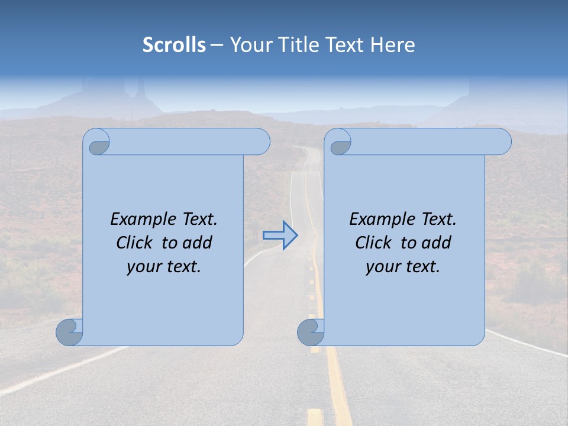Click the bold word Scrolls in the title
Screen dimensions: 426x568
(x=174, y=44)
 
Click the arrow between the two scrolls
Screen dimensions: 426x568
(x=280, y=235)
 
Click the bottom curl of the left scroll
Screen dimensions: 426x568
(x=69, y=332)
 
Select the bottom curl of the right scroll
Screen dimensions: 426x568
(x=310, y=332)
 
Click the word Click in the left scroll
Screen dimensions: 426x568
(x=134, y=243)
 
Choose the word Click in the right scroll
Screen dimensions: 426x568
(x=373, y=243)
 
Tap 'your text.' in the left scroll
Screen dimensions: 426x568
(x=164, y=267)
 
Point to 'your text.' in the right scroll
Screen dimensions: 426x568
(x=403, y=267)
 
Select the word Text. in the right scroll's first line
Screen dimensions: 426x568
(x=438, y=220)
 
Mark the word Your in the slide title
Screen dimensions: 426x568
(x=248, y=44)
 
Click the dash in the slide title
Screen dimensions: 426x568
(x=217, y=45)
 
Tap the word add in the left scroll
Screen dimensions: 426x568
(x=197, y=243)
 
